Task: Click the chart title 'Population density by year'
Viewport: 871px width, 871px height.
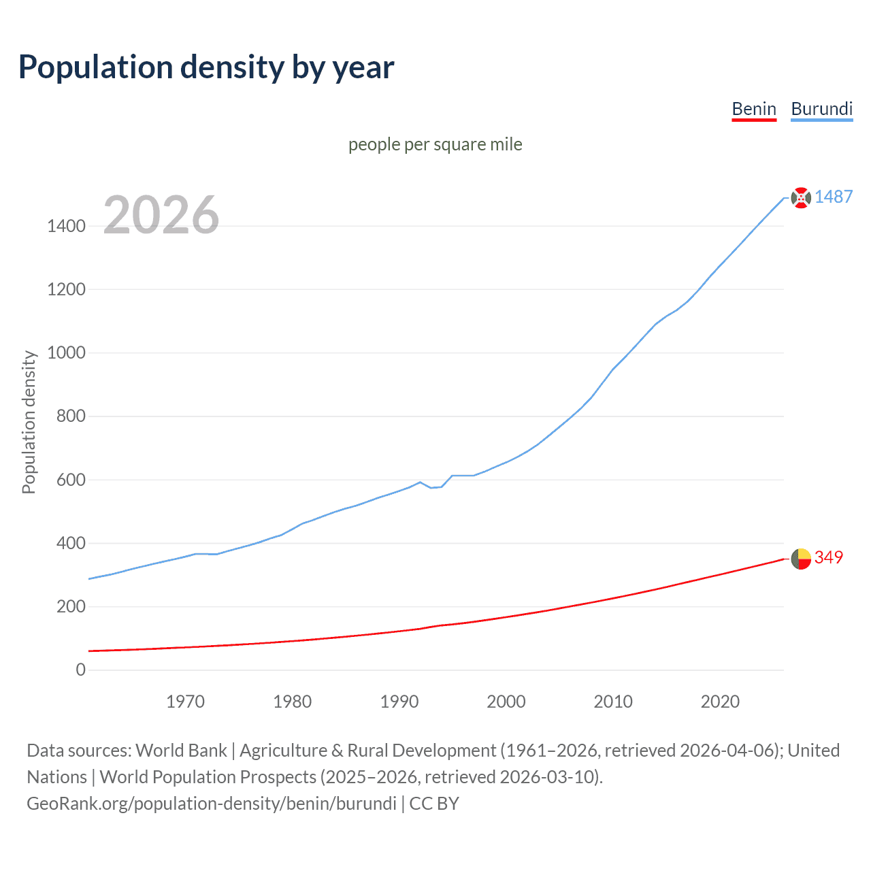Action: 206,67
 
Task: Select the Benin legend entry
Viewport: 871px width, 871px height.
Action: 754,109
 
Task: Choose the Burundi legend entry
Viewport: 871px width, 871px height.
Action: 821,109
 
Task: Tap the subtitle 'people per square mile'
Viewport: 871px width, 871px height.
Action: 435,144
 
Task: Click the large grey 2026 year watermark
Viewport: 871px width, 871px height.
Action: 161,215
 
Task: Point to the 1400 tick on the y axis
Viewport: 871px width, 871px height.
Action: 66,226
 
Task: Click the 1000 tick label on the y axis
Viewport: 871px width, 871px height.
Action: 66,352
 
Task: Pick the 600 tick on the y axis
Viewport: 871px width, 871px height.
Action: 71,480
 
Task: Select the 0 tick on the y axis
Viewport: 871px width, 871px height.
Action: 81,670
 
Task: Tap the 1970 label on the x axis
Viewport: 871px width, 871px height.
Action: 185,702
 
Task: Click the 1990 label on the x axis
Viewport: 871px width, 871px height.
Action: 399,702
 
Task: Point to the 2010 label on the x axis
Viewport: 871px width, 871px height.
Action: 613,702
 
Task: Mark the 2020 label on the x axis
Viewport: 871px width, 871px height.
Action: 720,702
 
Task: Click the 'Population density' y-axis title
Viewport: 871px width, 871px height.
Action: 29,422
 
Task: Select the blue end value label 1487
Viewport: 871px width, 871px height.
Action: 834,197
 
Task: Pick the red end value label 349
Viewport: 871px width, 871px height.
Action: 828,557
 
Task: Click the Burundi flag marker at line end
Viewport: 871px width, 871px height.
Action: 801,197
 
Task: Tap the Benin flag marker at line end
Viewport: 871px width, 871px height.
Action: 801,559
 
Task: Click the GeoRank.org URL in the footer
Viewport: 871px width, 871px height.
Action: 212,804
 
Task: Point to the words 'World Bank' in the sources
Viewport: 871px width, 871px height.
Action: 181,751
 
